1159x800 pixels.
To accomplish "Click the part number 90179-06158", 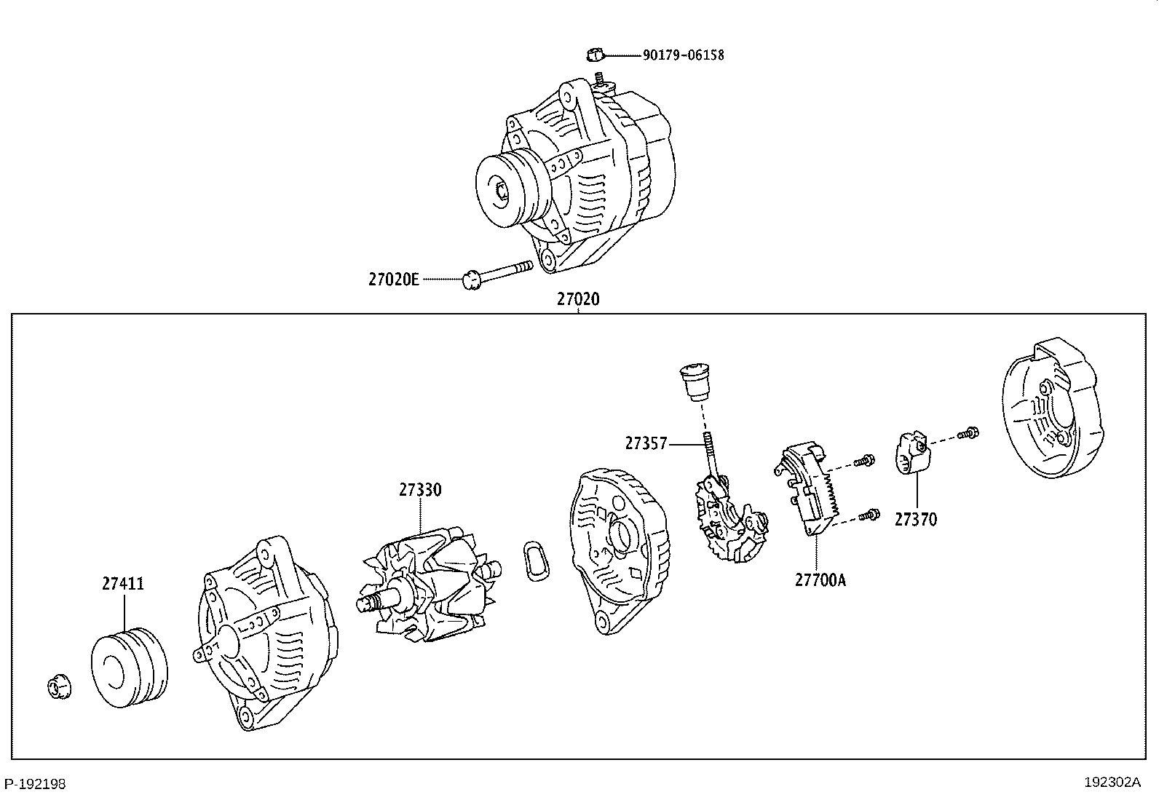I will [x=683, y=55].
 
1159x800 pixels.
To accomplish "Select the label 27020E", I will [x=394, y=280].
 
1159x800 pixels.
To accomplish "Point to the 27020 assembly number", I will [x=578, y=299].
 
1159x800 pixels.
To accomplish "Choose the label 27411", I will [x=123, y=584].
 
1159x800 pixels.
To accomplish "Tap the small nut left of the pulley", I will [x=58, y=688].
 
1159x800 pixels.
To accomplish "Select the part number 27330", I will [x=419, y=490].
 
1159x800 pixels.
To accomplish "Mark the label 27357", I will [x=646, y=443].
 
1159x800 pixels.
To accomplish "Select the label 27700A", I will [x=820, y=579].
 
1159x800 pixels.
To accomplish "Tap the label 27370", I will [x=916, y=520].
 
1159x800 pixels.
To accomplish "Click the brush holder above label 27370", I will [x=912, y=454].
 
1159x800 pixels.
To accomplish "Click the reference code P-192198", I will [x=35, y=784].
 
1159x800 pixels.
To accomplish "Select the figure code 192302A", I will [x=1112, y=783].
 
